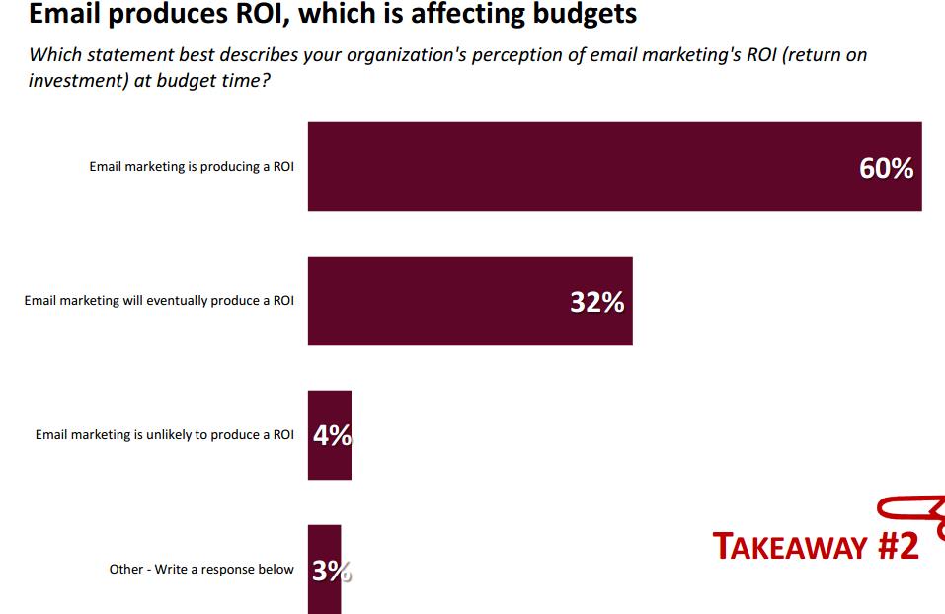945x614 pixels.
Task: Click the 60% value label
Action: coord(886,169)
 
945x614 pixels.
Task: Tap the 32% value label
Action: coord(596,303)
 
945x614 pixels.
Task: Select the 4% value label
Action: coord(332,436)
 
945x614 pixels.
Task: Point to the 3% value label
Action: coord(331,571)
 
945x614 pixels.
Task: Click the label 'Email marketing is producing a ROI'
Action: coord(192,167)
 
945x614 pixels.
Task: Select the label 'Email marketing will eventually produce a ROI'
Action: coord(159,301)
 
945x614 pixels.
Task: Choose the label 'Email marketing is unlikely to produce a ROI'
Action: coord(165,435)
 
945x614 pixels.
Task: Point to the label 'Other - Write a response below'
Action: coord(201,570)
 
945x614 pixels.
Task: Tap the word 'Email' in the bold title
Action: coord(64,15)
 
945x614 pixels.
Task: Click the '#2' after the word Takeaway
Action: coord(898,546)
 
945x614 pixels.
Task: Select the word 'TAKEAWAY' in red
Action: coord(790,547)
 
